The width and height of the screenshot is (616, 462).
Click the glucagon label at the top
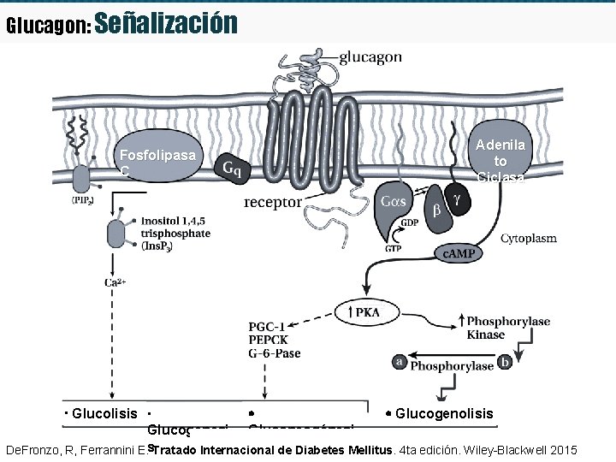[x=370, y=57]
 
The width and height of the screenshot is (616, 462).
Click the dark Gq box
[x=231, y=168]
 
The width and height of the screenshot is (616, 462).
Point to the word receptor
[x=272, y=203]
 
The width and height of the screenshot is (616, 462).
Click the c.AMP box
[x=460, y=254]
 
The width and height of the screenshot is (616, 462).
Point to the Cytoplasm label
[x=528, y=238]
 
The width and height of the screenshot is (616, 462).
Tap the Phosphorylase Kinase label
[x=507, y=328]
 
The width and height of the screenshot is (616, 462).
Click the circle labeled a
[x=399, y=362]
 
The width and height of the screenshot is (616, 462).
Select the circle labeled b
[x=505, y=362]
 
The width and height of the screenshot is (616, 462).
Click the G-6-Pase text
[x=274, y=352]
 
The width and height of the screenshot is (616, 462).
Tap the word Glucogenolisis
[x=444, y=414]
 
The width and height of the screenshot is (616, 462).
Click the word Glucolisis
[x=105, y=414]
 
